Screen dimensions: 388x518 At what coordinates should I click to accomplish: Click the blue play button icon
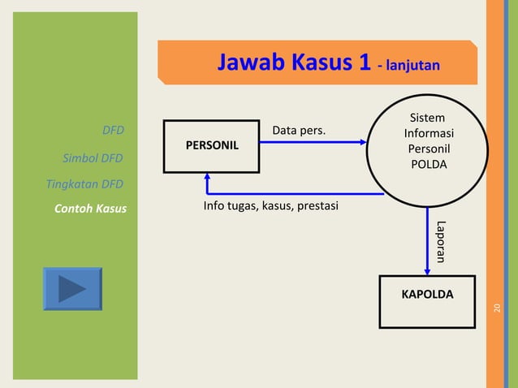pos(72,289)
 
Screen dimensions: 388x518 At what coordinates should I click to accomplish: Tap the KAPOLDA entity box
pos(427,301)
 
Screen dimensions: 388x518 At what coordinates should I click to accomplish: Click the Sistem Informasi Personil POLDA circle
pos(428,143)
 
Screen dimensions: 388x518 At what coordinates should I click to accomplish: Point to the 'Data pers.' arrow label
pos(299,130)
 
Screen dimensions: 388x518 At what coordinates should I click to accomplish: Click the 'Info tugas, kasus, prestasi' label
pos(270,206)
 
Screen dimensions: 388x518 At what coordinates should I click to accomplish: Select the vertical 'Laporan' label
pos(441,242)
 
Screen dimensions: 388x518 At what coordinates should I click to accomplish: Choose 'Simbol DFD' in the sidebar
pos(93,157)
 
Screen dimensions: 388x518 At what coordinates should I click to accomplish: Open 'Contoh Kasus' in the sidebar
pos(90,209)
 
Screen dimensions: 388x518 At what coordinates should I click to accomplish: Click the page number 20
pos(498,306)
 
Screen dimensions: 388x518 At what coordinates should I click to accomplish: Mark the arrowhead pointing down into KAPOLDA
pos(428,270)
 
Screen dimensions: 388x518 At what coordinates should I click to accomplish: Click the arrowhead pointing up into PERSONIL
pos(207,178)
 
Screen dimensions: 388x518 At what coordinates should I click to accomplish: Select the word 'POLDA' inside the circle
pos(428,165)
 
